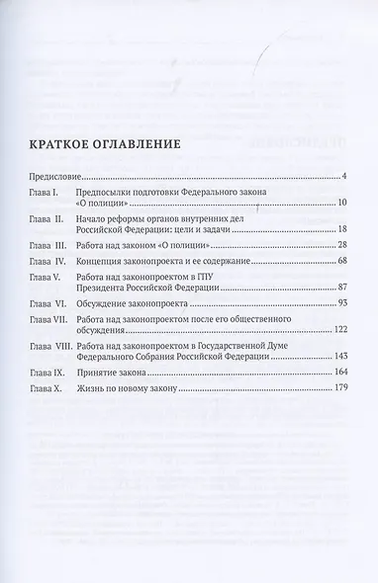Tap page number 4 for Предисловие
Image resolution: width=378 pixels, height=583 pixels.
(340, 176)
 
